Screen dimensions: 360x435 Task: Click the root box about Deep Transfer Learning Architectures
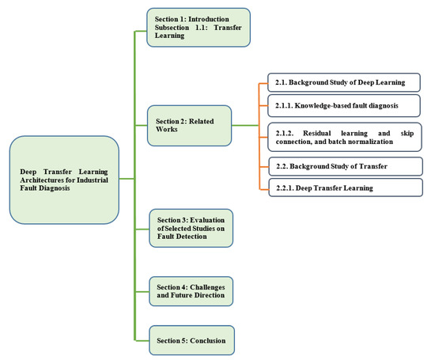click(64, 179)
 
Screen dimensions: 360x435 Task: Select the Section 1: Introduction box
click(198, 28)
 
